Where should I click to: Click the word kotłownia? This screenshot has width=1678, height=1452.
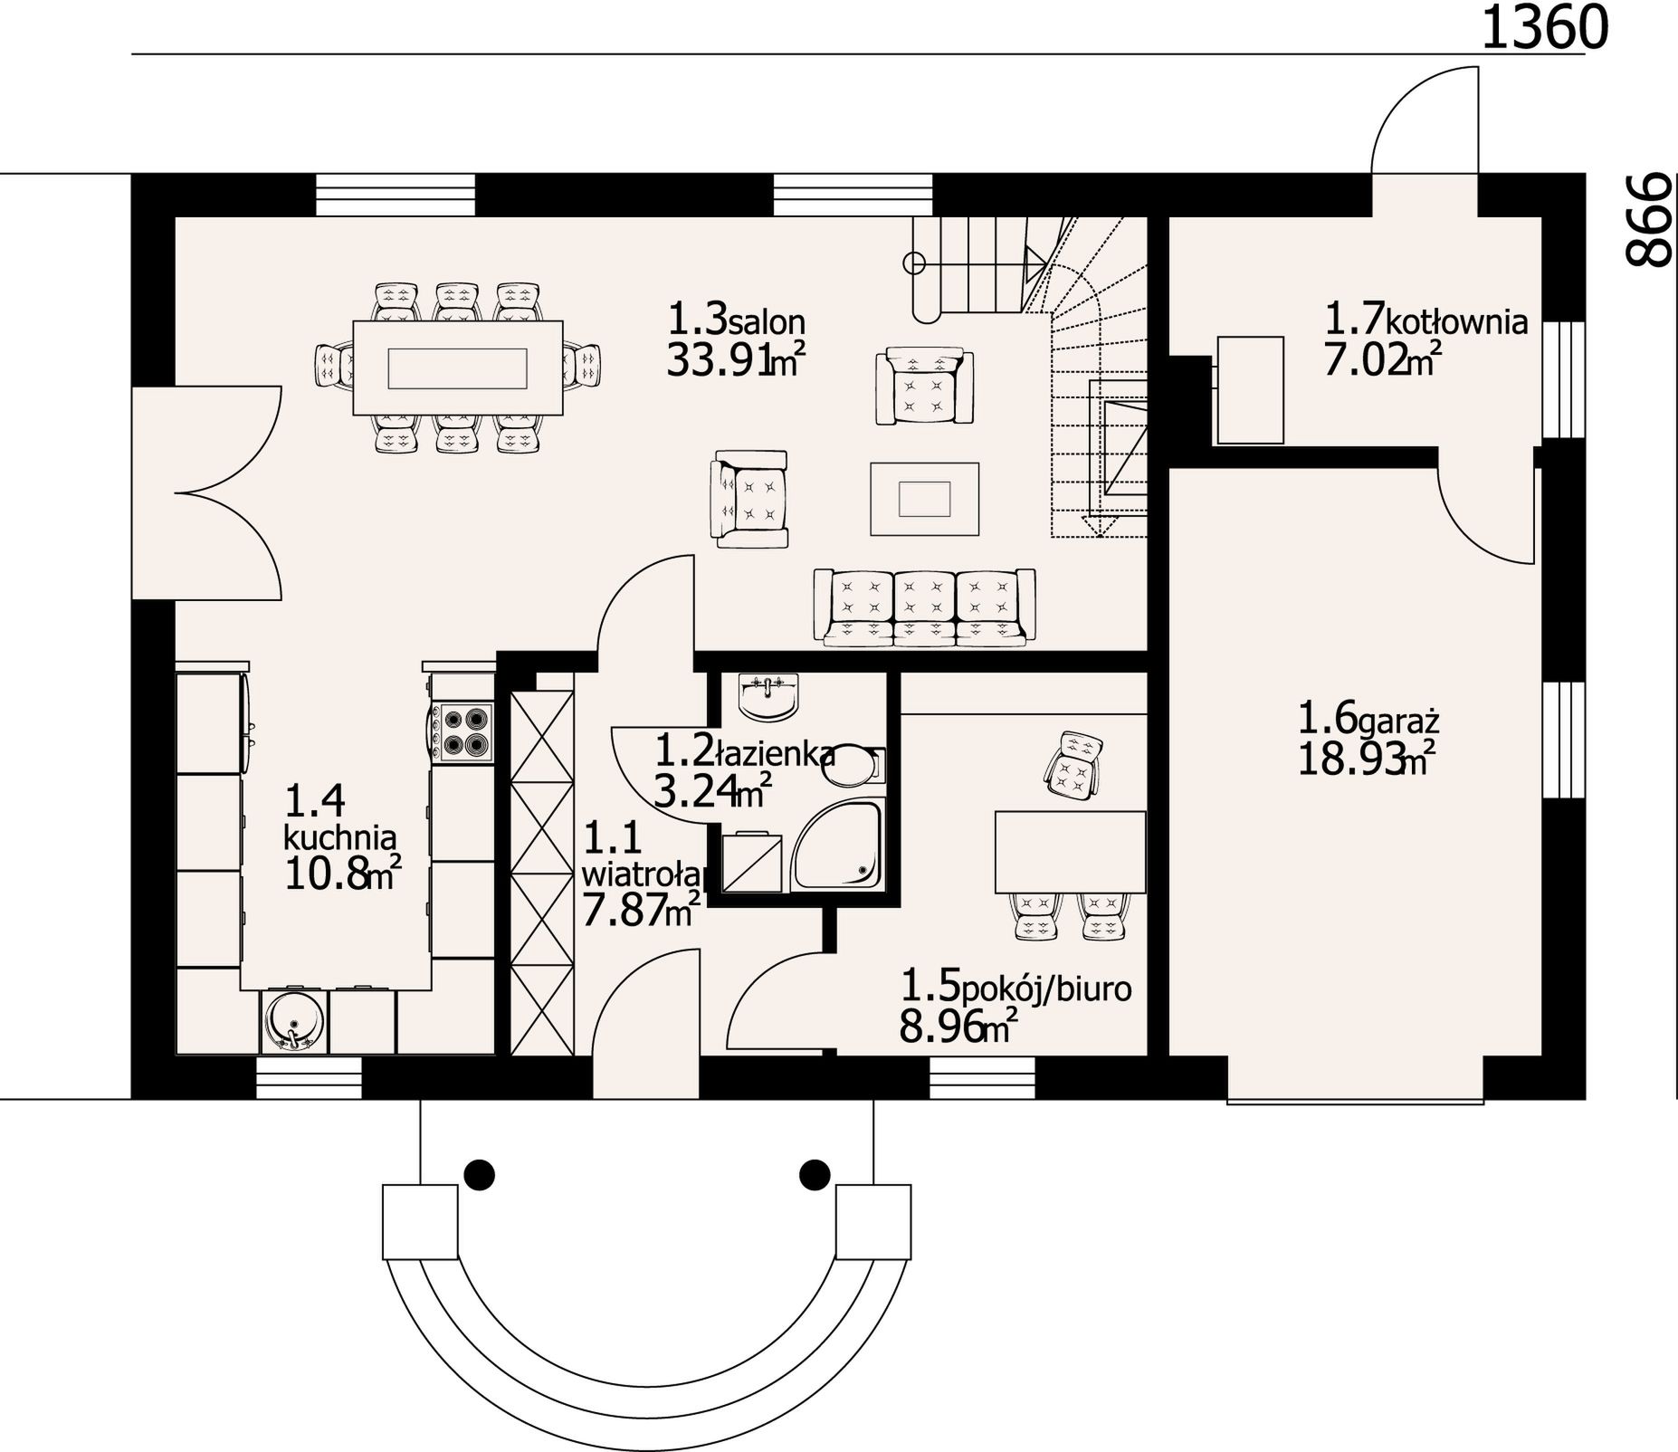[1456, 321]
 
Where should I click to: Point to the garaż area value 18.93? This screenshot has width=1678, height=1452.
[1349, 759]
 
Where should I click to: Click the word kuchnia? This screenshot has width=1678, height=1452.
[340, 836]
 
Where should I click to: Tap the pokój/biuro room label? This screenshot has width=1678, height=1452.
[1047, 989]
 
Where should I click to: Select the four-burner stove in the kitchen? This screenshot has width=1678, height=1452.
[462, 732]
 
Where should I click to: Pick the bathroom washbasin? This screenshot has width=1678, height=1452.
[769, 696]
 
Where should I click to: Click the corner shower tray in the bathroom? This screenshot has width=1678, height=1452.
[837, 845]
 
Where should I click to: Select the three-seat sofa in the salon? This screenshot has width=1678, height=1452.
[924, 607]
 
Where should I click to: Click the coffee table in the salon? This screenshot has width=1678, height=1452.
[924, 499]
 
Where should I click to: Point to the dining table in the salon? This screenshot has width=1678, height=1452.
[457, 368]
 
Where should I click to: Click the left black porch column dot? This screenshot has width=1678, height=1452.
[480, 1175]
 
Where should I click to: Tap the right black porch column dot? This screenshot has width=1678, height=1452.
[815, 1175]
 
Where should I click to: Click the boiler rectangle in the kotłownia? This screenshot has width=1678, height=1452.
[1250, 390]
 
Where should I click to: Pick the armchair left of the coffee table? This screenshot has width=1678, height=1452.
[749, 499]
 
